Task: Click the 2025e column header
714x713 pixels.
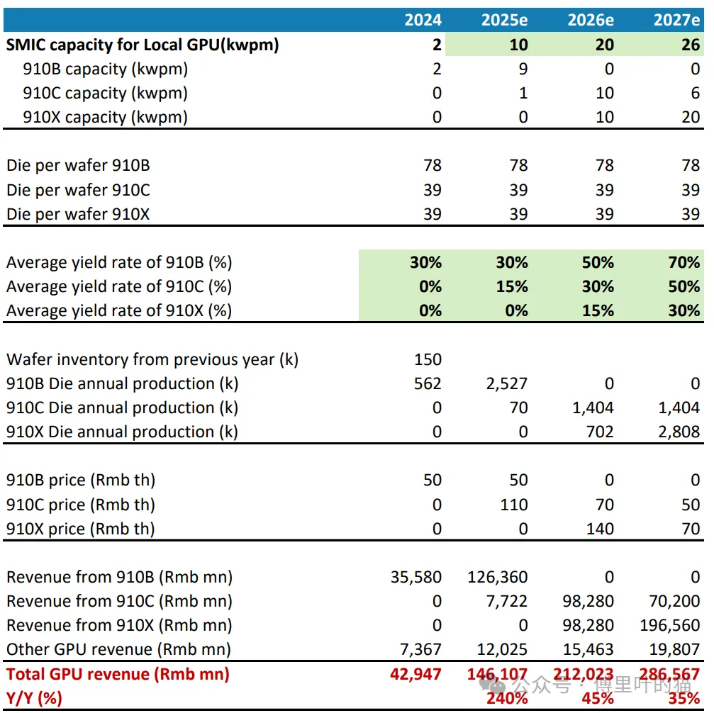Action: click(504, 20)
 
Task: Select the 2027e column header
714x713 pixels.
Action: click(676, 20)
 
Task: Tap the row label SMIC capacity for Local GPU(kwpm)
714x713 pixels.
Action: click(143, 45)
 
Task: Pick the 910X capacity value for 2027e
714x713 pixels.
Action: click(691, 118)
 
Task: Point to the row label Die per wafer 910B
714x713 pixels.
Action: click(78, 166)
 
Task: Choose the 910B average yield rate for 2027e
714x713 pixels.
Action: click(684, 262)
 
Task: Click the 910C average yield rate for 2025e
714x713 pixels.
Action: click(511, 286)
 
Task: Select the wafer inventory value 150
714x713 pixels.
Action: click(428, 360)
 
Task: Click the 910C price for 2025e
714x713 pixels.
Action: click(513, 505)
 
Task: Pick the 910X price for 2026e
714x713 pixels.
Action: click(599, 529)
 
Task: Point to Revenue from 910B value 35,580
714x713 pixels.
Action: click(415, 577)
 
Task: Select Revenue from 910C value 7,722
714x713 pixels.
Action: click(508, 601)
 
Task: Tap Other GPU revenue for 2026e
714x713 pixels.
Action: click(589, 649)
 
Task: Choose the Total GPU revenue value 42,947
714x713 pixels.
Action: click(415, 674)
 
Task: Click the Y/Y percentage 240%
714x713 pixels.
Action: click(508, 698)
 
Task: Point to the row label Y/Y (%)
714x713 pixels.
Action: click(35, 698)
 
